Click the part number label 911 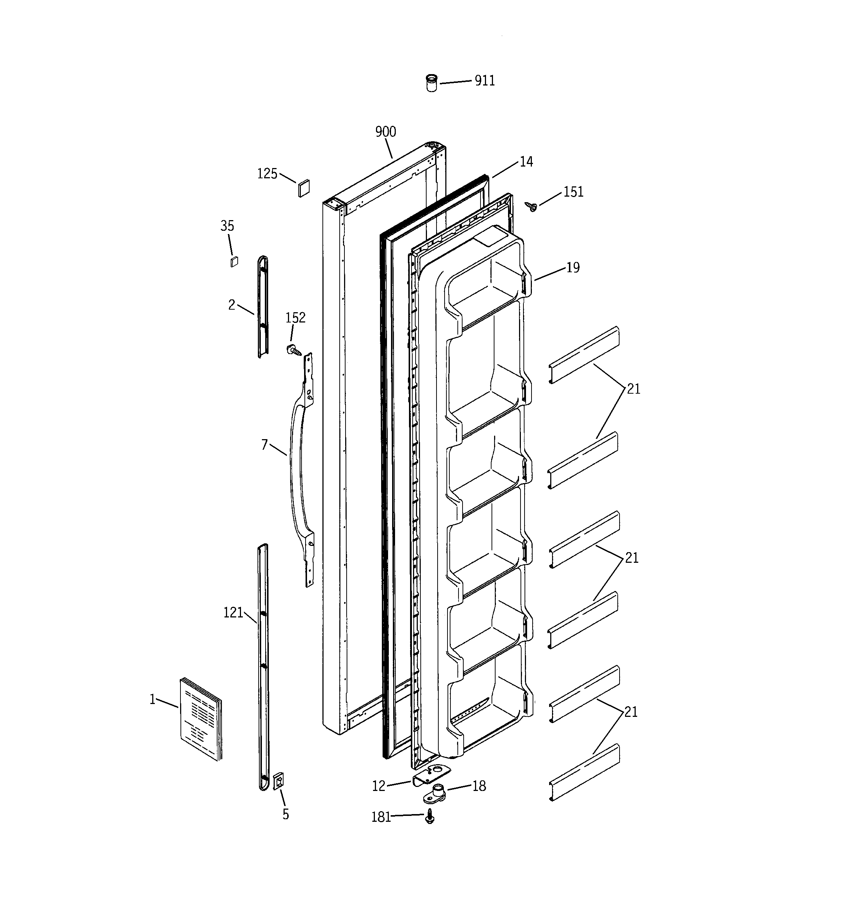tap(485, 80)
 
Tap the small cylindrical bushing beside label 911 tap(431, 83)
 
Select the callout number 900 tap(386, 132)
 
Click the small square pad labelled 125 tap(304, 188)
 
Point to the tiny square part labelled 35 tap(234, 262)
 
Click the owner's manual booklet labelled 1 tap(200, 719)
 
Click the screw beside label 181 tap(430, 816)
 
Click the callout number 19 tap(573, 267)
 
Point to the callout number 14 tap(526, 162)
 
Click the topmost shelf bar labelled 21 tap(584, 354)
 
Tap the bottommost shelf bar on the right tap(584, 772)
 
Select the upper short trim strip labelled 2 tap(263, 306)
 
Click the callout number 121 tap(233, 613)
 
